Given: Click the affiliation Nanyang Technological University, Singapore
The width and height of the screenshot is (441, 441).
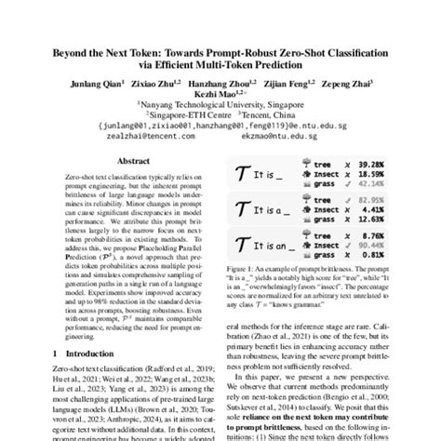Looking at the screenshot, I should pos(220,108).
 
